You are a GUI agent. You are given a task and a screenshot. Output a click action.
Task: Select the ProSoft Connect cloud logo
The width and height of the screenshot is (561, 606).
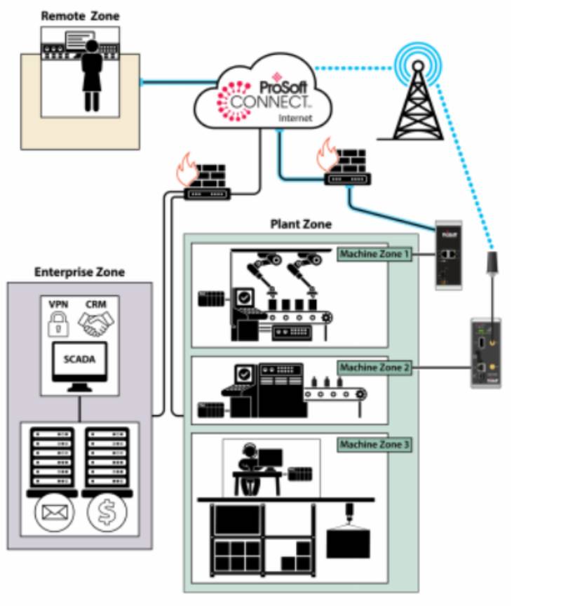[264, 95]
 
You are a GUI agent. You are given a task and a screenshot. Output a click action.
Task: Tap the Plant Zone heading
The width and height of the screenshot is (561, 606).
[301, 225]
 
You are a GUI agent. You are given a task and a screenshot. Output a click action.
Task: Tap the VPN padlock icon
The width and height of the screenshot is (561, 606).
[59, 323]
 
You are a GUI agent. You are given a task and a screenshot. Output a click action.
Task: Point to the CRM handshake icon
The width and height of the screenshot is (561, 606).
[96, 323]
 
